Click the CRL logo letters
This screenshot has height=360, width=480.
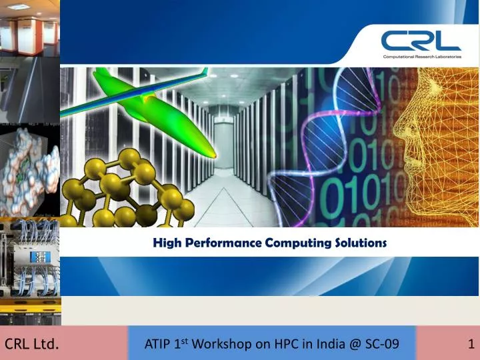coord(421,41)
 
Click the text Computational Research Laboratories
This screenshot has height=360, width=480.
coord(421,57)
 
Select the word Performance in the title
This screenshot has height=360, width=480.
coord(220,243)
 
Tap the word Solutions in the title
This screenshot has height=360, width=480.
coord(361,243)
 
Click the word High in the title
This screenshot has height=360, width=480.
coord(165,243)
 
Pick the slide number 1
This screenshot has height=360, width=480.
coord(471,344)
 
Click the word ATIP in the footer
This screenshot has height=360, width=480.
coord(159,344)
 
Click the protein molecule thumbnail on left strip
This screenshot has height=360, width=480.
coord(30,170)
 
